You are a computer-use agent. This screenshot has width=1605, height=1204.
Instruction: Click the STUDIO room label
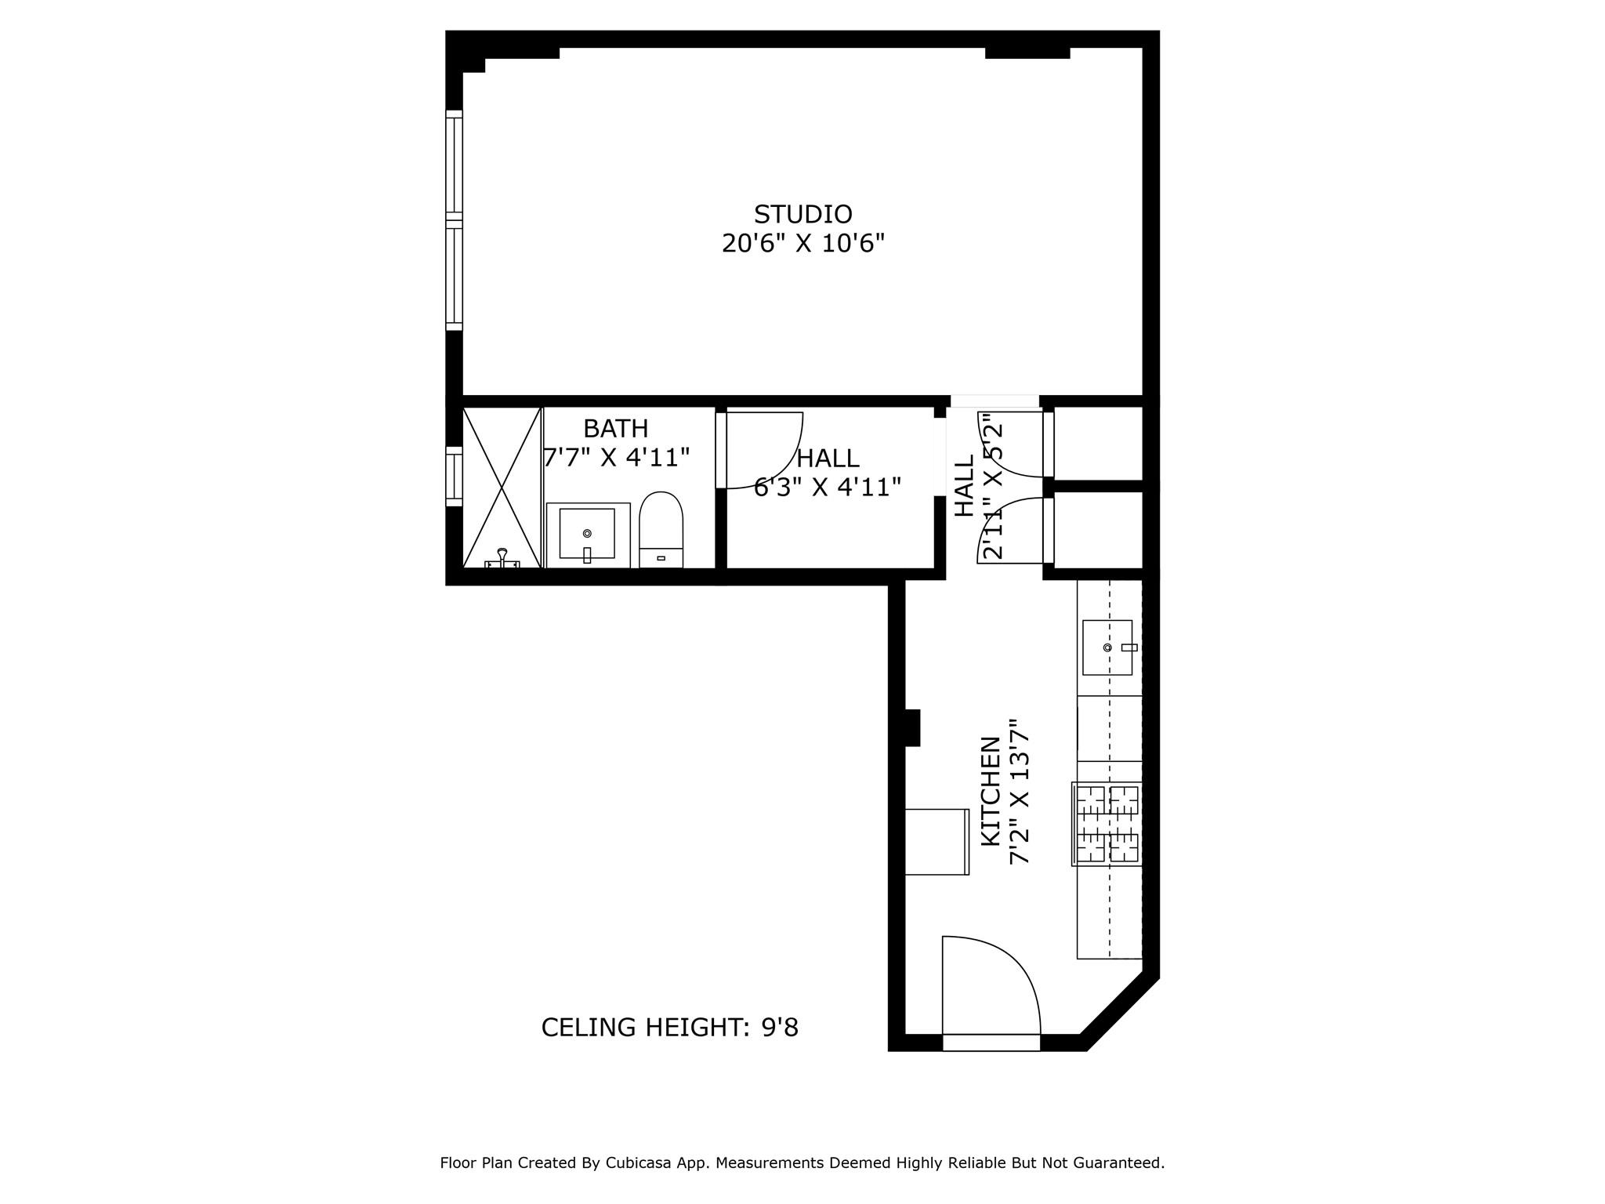[x=802, y=214]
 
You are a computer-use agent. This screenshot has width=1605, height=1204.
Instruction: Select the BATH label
[x=615, y=429]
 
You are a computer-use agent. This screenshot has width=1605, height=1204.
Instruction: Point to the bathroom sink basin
[x=587, y=534]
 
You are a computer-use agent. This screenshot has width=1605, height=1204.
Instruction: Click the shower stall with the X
[x=502, y=487]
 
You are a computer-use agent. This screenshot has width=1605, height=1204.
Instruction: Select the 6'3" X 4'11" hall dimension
[x=827, y=488]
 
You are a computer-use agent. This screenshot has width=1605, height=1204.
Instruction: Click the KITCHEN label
[x=991, y=791]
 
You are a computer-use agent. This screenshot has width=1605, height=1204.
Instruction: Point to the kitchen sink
[x=1107, y=647]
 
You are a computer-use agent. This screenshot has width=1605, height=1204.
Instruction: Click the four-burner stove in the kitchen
[x=1107, y=824]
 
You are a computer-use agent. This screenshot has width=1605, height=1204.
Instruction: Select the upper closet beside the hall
[x=1097, y=443]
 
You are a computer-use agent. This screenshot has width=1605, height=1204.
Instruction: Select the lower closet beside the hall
[x=1097, y=528]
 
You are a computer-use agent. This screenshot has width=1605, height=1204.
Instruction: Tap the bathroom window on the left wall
[x=454, y=476]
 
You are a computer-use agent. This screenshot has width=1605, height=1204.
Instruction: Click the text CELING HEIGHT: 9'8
[x=669, y=1027]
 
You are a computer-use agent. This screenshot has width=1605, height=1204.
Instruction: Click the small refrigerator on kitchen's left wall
[x=937, y=842]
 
